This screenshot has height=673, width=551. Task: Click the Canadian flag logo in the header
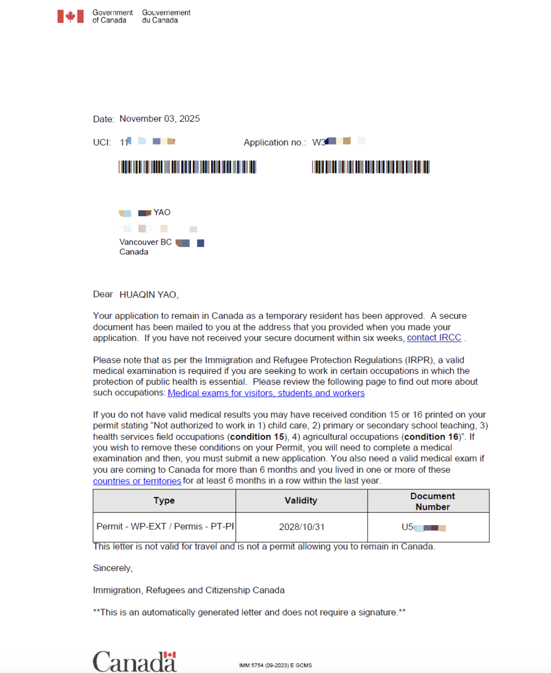pyautogui.click(x=70, y=16)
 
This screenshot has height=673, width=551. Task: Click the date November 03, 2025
pyautogui.click(x=159, y=119)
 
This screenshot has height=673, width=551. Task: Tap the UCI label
pyautogui.click(x=102, y=142)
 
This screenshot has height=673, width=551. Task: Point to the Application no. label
pyautogui.click(x=275, y=142)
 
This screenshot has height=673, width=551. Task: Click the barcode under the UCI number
pyautogui.click(x=187, y=167)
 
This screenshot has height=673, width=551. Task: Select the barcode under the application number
pyautogui.click(x=371, y=167)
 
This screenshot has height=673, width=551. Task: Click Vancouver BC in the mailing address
pyautogui.click(x=145, y=242)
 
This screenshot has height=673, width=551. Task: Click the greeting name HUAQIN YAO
pyautogui.click(x=149, y=295)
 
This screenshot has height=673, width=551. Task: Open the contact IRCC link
pyautogui.click(x=434, y=338)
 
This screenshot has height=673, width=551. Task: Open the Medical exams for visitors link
pyautogui.click(x=266, y=393)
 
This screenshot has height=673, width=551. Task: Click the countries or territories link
pyautogui.click(x=137, y=481)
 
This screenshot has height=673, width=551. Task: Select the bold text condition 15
pyautogui.click(x=257, y=437)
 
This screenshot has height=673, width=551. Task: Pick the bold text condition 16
pyautogui.click(x=432, y=437)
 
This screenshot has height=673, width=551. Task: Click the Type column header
pyautogui.click(x=164, y=501)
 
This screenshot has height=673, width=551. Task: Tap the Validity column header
pyautogui.click(x=301, y=501)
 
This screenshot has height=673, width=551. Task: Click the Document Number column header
pyautogui.click(x=432, y=501)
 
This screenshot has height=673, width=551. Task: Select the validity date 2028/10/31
pyautogui.click(x=302, y=527)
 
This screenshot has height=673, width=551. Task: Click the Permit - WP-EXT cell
pyautogui.click(x=165, y=527)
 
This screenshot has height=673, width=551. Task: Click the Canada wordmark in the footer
pyautogui.click(x=135, y=661)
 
